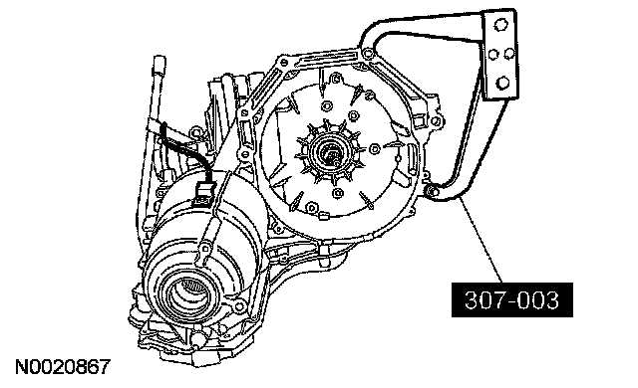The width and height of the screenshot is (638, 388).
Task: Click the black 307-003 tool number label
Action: click(512, 299)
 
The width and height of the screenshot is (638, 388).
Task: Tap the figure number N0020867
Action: click(63, 367)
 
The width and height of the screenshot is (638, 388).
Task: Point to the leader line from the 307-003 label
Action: click(480, 240)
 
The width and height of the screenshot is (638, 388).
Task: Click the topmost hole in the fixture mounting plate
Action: click(500, 25)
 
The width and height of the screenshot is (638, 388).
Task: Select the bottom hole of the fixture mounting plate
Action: click(503, 84)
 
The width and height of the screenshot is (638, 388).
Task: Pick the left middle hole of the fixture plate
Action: click(493, 54)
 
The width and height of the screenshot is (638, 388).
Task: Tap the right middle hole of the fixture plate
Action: click(509, 54)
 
